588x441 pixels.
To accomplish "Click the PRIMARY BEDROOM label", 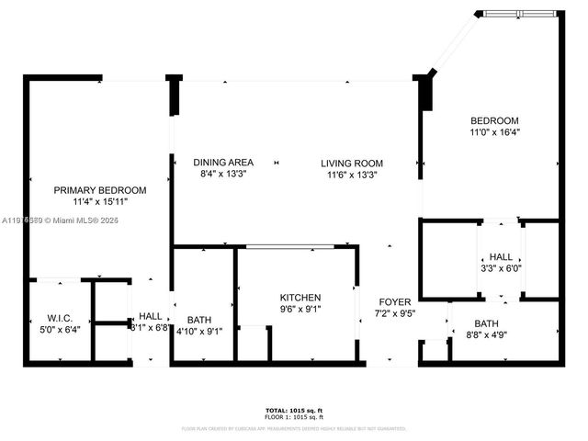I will click(98, 189).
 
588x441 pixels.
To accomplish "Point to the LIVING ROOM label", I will click(350, 163).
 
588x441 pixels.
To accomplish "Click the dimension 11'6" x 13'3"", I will click(350, 174).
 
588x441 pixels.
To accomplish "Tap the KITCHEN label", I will click(300, 298).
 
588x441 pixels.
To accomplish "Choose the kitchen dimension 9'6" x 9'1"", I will click(300, 309).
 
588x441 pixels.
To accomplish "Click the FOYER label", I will click(395, 301).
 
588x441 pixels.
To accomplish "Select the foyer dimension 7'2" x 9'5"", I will click(395, 312).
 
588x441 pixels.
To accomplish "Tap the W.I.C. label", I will click(61, 318).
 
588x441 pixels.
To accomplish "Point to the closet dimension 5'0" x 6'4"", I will click(61, 329).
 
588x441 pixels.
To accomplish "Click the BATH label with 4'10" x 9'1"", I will click(199, 321).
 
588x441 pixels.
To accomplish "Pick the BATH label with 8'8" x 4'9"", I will click(487, 323).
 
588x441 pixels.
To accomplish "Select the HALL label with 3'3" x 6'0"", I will click(501, 257).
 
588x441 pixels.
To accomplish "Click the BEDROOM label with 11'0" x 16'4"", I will click(494, 121).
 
